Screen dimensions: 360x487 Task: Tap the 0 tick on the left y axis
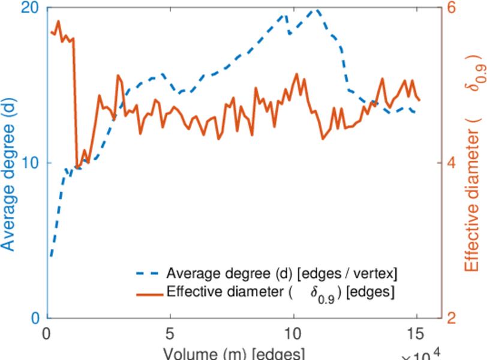(x=36, y=318)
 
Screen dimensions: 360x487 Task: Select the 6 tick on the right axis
(x=451, y=8)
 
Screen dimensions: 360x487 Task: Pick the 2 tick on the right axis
(x=451, y=318)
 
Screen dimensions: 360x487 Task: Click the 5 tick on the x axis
(x=170, y=332)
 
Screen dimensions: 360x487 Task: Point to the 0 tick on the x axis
(x=47, y=332)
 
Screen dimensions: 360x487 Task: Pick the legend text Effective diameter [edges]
(x=281, y=293)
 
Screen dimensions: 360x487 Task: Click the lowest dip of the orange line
(x=77, y=167)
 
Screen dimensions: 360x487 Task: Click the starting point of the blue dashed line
(x=52, y=256)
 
